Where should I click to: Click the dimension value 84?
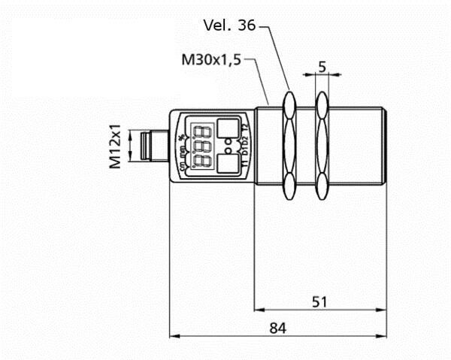coord(278,328)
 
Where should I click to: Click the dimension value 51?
coord(319,301)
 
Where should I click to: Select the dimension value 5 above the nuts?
coord(322,67)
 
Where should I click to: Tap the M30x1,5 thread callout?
coord(210,60)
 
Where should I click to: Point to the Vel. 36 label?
coord(229,26)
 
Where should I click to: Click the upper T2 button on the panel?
coord(227,129)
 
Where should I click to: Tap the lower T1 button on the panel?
coord(227,163)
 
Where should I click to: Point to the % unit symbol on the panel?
coord(182,137)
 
